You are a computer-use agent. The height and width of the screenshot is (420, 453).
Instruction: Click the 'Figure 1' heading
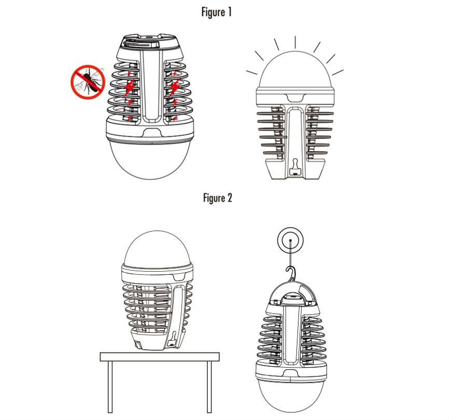tap(216, 12)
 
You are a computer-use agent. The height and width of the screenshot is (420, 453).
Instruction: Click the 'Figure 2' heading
tap(218, 198)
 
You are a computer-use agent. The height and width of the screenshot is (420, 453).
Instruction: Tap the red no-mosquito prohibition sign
tap(88, 82)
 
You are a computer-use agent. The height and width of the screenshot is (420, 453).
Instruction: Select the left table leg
tap(110, 387)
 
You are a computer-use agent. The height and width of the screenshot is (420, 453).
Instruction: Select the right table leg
tap(209, 387)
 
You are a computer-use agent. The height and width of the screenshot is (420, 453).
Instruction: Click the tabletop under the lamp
tap(160, 357)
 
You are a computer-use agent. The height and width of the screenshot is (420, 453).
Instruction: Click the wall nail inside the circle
tap(290, 240)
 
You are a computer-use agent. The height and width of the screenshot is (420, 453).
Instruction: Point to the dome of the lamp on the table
tap(157, 247)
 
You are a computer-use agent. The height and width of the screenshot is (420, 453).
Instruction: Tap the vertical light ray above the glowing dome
tap(295, 42)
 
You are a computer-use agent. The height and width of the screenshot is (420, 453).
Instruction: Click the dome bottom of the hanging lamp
tap(291, 395)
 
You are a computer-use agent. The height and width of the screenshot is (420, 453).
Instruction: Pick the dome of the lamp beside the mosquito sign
tap(150, 160)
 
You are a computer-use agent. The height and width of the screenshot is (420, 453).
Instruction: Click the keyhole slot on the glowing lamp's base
tap(294, 167)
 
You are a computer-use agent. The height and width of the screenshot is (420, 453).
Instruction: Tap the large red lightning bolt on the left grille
tap(130, 87)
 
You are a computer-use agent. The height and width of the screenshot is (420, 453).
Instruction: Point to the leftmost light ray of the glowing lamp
tap(251, 72)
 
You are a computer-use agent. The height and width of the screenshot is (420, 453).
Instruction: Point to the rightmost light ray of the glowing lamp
tap(338, 72)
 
